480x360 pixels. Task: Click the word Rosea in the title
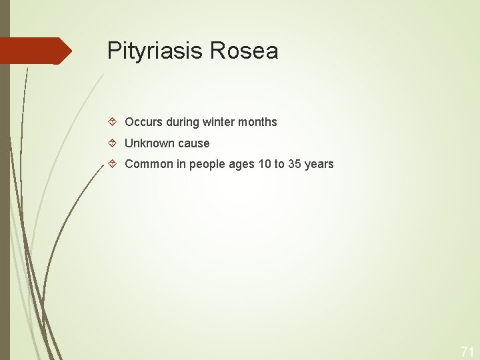coord(243,51)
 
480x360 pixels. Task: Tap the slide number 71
coord(467,351)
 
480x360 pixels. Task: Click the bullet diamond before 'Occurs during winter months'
coord(113,122)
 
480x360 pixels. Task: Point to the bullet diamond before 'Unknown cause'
coord(113,143)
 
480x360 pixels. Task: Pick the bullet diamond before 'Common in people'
coord(113,164)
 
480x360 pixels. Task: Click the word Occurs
coord(143,122)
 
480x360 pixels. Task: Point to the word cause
coord(193,143)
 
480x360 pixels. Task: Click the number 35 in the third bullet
coord(295,164)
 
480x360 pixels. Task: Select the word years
coord(319,164)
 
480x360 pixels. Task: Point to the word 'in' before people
coord(181,164)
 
